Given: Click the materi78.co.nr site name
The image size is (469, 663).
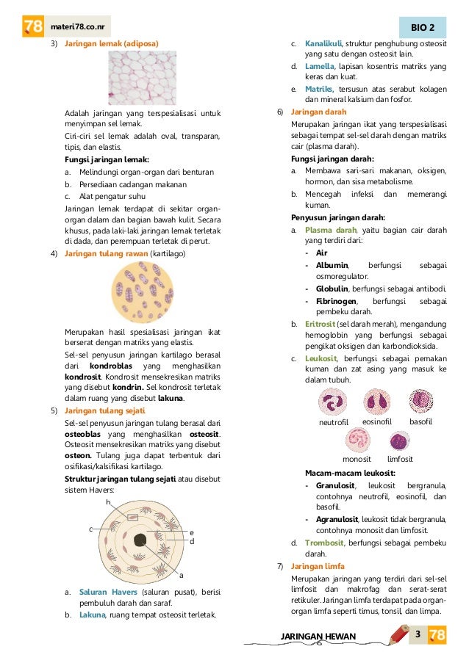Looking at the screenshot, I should pos(76,27).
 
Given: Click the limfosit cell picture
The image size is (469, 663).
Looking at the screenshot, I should pos(399,442).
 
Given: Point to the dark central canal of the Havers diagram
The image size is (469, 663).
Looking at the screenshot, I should pos(140,541).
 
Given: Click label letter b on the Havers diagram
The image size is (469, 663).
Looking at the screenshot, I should pos(108,502).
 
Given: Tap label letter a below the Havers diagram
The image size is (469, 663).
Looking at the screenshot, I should pos(181,576).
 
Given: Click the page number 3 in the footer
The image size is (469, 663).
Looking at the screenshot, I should pos(417,634).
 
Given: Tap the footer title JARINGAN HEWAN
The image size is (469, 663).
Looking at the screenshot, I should pos(318,635).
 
